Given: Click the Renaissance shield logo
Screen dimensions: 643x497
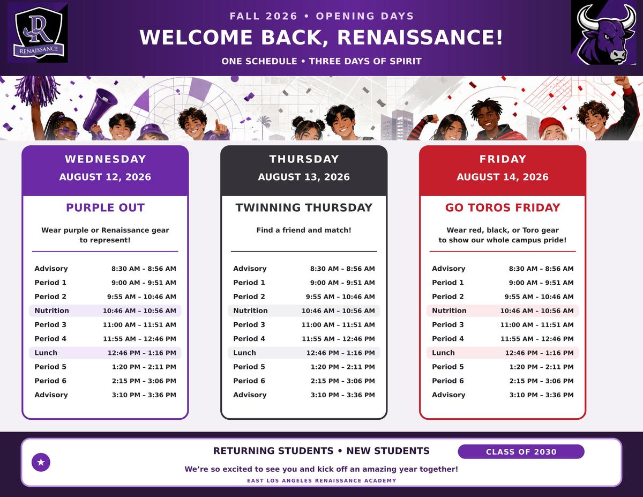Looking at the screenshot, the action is [38, 33].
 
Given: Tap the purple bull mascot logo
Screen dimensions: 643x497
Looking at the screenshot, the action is [607, 33].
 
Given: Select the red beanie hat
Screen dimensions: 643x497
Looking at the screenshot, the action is [551, 126].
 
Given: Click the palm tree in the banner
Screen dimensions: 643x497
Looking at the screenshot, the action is [263, 127].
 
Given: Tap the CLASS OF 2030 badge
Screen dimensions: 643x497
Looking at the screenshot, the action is [521, 452].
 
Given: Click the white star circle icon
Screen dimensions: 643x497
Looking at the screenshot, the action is [41, 462].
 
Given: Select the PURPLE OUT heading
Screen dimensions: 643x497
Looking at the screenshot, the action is [106, 207].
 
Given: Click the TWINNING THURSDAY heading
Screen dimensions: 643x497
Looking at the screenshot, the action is [304, 207].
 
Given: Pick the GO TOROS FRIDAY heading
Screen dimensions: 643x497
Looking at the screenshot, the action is [503, 207].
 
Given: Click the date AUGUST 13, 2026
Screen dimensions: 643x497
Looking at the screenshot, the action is [304, 177].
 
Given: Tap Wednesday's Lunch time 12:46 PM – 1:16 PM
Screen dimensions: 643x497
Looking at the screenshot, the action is [142, 353].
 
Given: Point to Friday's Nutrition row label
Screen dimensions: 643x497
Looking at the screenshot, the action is [449, 310].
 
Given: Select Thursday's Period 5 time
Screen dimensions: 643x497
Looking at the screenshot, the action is [342, 367].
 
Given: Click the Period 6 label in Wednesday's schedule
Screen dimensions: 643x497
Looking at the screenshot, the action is [50, 381].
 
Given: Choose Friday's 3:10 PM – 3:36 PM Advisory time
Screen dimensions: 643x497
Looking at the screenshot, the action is [542, 395].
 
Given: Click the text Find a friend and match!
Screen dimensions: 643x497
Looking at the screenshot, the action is [304, 230].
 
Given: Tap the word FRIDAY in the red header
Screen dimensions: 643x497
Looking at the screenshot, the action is [503, 159].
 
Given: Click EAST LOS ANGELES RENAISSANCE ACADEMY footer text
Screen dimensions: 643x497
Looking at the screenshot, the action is [322, 481].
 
